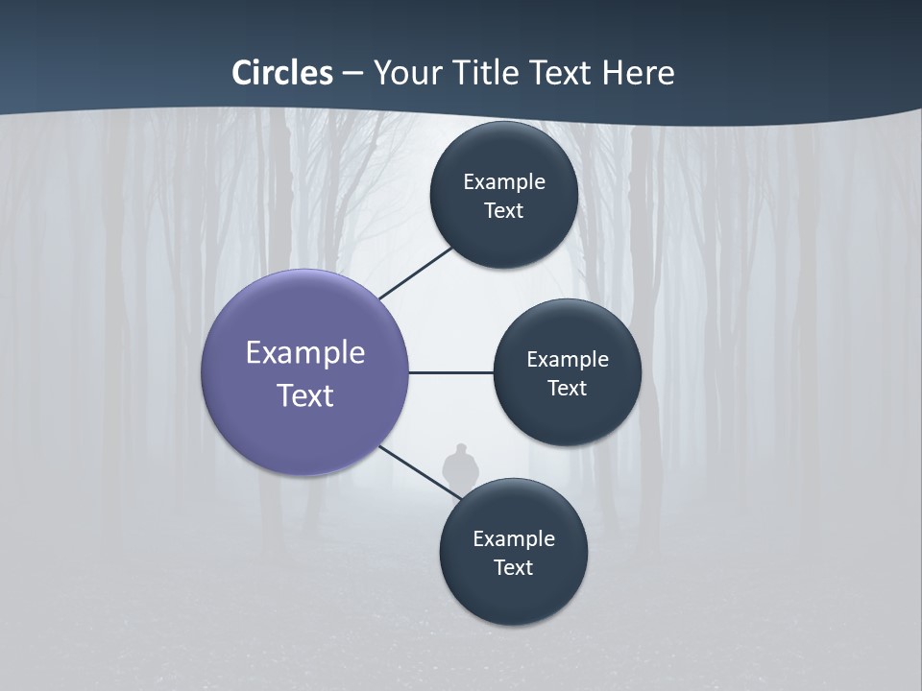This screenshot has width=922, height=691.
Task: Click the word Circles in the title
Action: [281, 73]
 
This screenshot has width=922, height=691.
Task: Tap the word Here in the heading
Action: [638, 73]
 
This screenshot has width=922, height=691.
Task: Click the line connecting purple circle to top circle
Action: [415, 274]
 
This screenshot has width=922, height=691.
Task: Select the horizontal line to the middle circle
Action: [450, 372]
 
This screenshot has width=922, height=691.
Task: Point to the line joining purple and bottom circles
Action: [420, 471]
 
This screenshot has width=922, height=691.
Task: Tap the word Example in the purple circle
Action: [305, 352]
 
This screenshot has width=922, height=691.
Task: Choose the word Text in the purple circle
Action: [305, 394]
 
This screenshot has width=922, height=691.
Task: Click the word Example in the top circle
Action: [504, 181]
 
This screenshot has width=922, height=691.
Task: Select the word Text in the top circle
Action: [503, 210]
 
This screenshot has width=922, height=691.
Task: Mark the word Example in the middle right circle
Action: [568, 359]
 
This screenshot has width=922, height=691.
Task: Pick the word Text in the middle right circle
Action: [567, 388]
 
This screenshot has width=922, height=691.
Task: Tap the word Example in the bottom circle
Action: [514, 538]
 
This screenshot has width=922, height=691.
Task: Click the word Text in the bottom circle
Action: [513, 567]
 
